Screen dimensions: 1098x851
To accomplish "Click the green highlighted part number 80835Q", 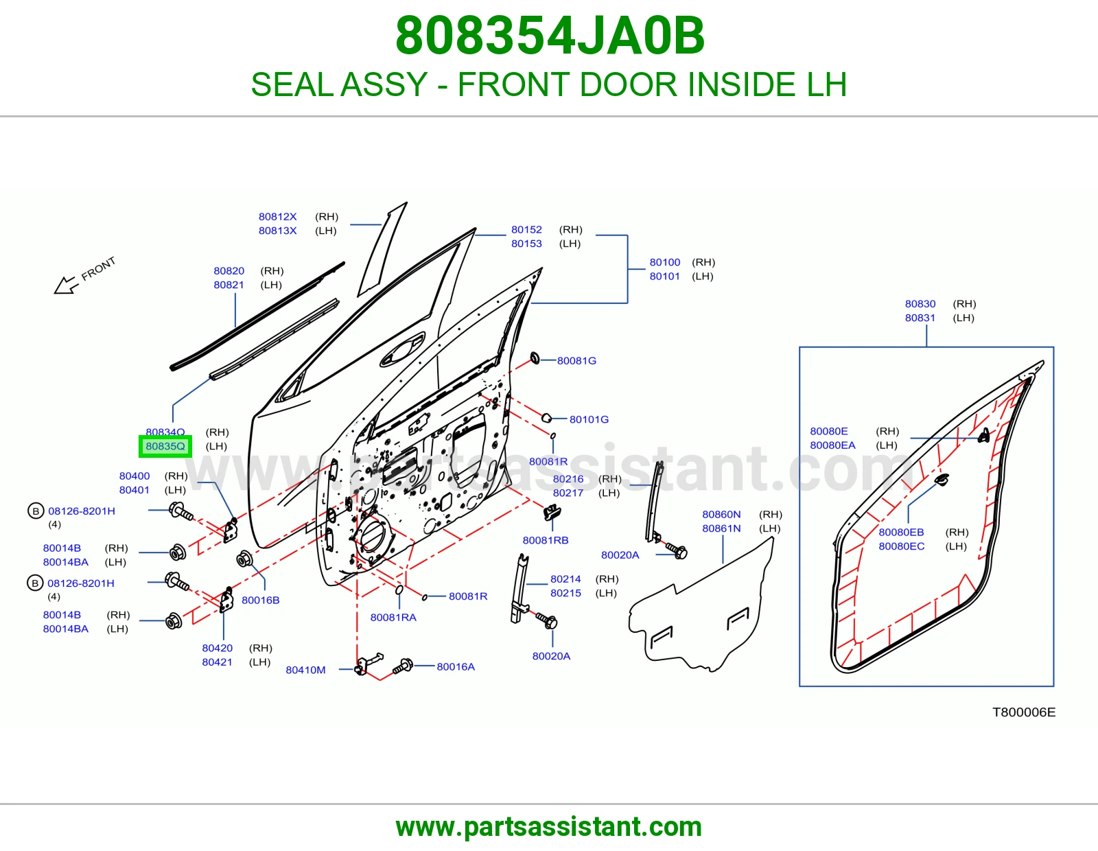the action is click(x=165, y=446).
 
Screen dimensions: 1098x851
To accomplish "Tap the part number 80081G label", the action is click(x=576, y=361).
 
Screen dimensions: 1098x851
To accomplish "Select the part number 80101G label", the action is click(x=589, y=419).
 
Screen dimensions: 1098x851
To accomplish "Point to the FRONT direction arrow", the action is click(x=66, y=285).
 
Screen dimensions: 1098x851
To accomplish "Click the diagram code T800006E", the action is click(x=1024, y=712).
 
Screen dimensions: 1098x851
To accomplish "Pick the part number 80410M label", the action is click(x=305, y=670).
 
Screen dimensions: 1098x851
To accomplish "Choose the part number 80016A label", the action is click(x=456, y=667).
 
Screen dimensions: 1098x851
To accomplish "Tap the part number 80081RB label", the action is click(x=545, y=541).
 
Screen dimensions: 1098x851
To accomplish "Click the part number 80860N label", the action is click(x=721, y=515).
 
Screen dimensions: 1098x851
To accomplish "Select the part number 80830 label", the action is click(x=920, y=304).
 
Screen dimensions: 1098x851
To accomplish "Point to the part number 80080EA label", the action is click(x=832, y=445).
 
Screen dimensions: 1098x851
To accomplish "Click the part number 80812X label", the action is click(x=277, y=217).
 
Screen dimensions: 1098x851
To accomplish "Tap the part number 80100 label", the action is click(x=665, y=262).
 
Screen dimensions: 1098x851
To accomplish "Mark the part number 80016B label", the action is click(x=260, y=601).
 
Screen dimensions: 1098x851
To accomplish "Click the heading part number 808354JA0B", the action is click(x=550, y=36).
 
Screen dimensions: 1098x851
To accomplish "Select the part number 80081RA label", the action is click(x=393, y=618).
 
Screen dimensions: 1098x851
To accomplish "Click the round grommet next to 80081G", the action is click(x=535, y=358).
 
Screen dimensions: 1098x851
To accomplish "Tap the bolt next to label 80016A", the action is click(x=403, y=666).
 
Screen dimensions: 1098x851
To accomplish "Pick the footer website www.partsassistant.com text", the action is click(x=549, y=827).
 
